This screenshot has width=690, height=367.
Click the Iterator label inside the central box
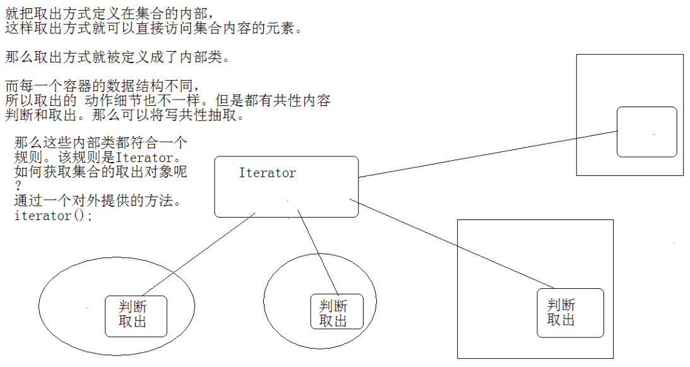pos(267,173)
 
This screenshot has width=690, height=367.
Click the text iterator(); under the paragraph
pos(53,216)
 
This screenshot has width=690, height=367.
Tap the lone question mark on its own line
pos(18,187)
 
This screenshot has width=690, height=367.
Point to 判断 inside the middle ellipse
pos(333,306)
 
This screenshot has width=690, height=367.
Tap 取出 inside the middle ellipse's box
pos(333,321)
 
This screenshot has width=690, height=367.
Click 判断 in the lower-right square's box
pos(561,305)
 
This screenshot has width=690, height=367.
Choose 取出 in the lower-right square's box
pos(561,320)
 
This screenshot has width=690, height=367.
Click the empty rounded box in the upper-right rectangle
pos(646,132)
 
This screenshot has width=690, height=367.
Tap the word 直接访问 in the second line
pos(158,28)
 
